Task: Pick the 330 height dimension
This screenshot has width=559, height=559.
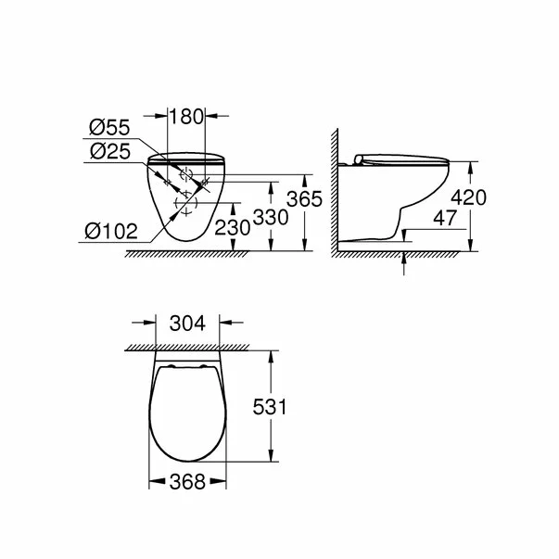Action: click(289, 216)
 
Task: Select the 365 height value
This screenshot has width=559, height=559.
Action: click(325, 198)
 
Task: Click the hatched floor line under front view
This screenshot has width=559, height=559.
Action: click(176, 253)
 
